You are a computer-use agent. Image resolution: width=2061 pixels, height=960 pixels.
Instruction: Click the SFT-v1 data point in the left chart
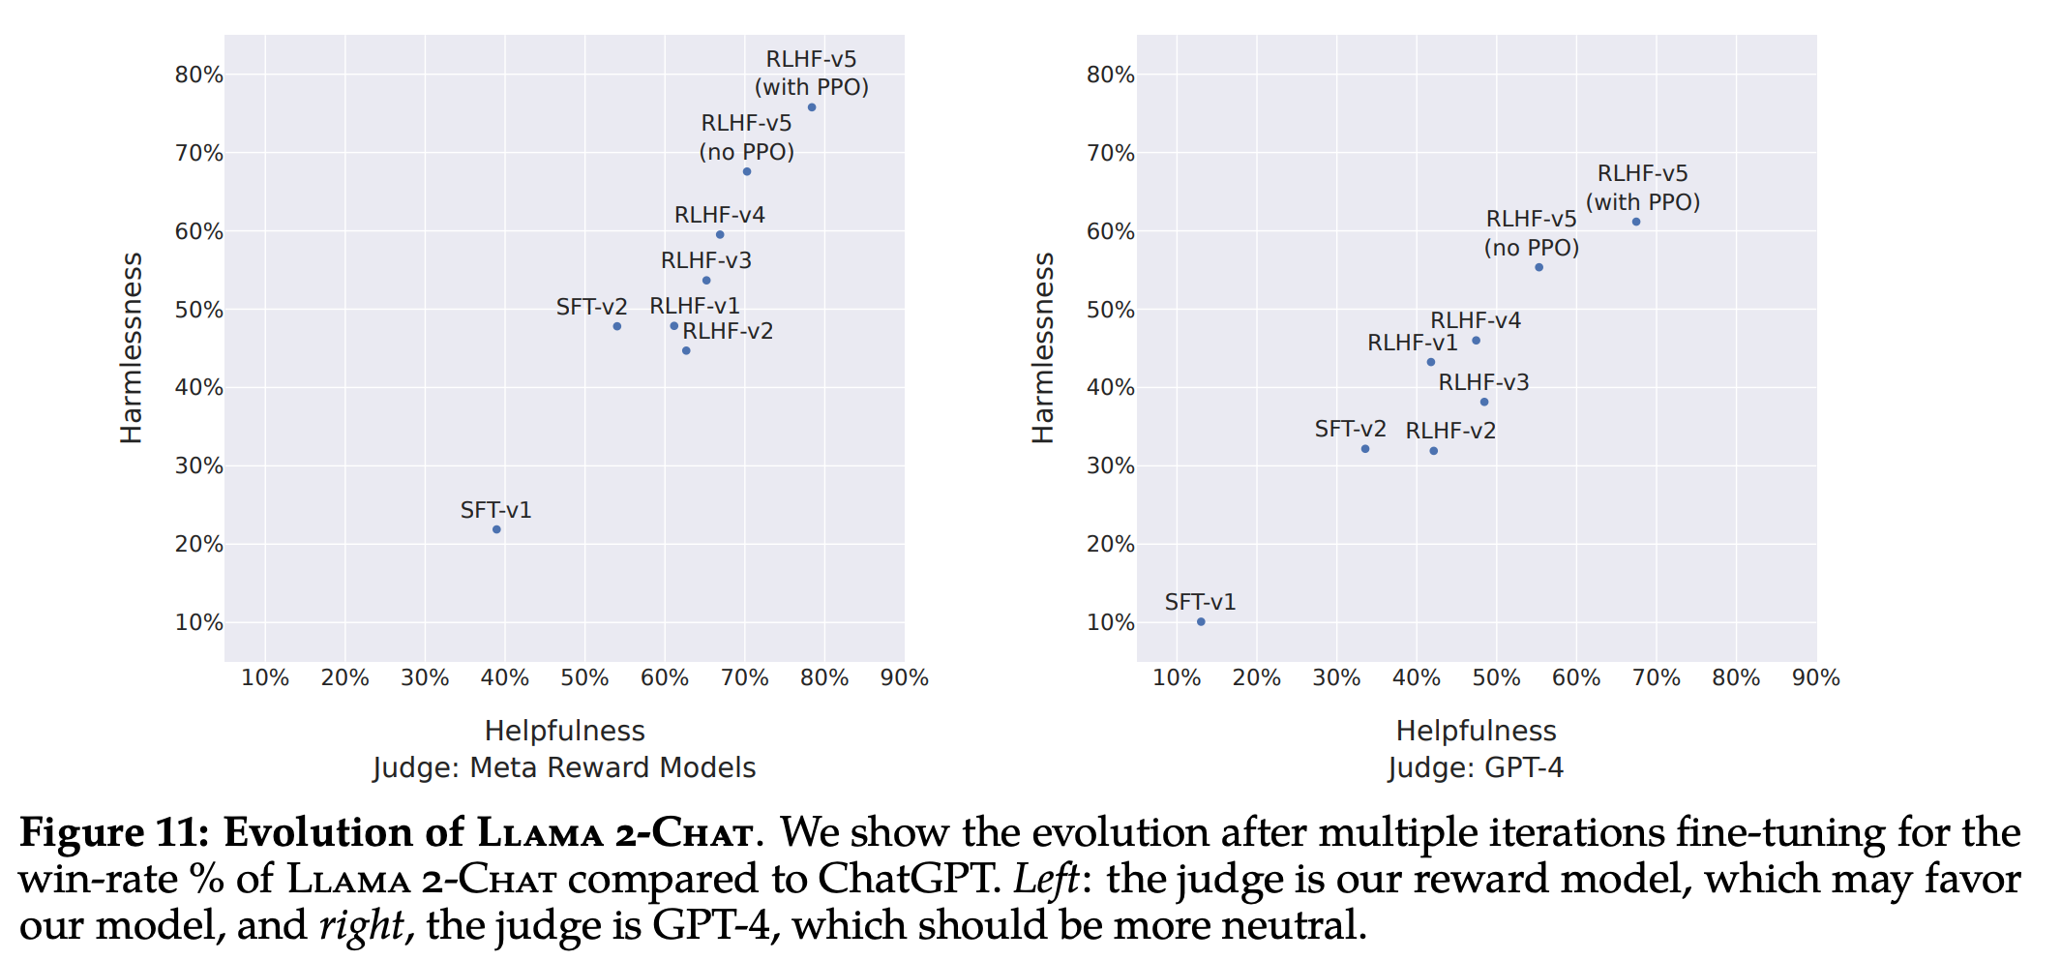point(496,529)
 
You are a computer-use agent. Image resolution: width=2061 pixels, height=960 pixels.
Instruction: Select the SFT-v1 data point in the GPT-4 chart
point(1201,621)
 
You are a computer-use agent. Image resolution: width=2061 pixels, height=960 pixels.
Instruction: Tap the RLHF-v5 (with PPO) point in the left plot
point(812,107)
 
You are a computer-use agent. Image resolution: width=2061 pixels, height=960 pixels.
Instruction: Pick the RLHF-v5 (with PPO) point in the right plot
point(1636,222)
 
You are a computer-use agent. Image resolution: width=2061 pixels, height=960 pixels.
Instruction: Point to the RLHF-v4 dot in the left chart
point(720,235)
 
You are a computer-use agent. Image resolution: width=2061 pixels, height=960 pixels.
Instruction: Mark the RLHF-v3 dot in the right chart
point(1484,402)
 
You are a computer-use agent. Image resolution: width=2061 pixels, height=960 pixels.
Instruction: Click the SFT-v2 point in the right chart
point(1365,449)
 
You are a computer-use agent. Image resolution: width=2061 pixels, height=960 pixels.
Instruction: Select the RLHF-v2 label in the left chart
point(728,331)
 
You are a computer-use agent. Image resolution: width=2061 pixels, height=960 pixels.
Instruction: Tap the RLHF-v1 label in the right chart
point(1412,343)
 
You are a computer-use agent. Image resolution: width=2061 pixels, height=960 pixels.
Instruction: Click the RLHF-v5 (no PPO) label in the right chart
point(1531,233)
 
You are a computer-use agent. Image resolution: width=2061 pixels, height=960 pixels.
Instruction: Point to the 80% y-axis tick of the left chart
point(198,75)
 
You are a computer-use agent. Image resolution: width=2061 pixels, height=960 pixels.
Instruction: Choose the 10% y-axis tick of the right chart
point(1110,622)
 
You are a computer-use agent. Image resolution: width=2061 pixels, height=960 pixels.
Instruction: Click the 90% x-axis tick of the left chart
point(904,677)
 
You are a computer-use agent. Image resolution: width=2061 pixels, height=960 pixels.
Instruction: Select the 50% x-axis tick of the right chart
point(1496,677)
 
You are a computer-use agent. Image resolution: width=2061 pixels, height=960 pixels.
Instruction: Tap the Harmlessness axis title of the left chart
point(131,348)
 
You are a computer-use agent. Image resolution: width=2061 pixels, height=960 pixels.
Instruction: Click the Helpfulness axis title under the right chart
point(1476,731)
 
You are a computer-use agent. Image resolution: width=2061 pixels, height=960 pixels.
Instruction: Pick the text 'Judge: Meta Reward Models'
point(564,767)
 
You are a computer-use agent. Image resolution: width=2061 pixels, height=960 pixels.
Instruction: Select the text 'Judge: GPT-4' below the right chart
point(1476,767)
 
